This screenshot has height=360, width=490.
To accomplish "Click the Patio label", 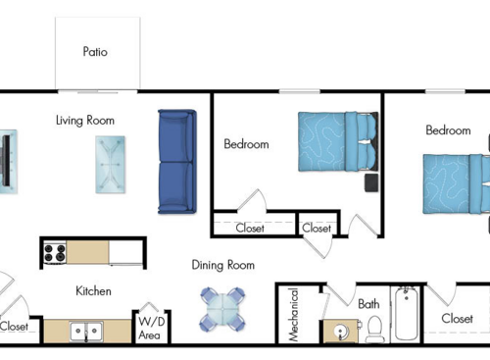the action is [x=95, y=52].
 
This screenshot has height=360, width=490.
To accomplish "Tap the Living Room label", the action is [x=85, y=121].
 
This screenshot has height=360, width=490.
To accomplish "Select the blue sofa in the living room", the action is [x=177, y=162].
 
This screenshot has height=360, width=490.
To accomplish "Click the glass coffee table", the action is [x=110, y=165].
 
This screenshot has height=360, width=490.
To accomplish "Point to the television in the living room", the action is [x=7, y=161].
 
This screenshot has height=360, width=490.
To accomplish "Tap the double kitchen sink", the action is [x=86, y=332].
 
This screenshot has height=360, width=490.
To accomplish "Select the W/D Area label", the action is [x=150, y=329].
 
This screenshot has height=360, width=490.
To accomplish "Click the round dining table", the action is [x=222, y=309].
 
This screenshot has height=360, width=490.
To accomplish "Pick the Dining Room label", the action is [x=223, y=265].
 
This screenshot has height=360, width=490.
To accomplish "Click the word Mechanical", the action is [x=294, y=315].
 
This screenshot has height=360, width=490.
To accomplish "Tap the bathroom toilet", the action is [x=374, y=329].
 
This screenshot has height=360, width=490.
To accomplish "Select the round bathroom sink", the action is [x=340, y=332].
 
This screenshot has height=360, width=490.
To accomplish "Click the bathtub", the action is [x=406, y=314].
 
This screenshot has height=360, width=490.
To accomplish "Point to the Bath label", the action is [x=368, y=304].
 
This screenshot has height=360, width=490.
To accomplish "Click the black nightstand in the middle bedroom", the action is [x=371, y=182].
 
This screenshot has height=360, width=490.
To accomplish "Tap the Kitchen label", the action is [x=93, y=291].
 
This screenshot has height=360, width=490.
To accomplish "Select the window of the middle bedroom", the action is [x=300, y=91].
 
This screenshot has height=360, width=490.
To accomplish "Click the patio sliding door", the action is [x=97, y=91].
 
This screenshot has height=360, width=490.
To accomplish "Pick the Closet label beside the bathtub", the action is [x=457, y=319].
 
